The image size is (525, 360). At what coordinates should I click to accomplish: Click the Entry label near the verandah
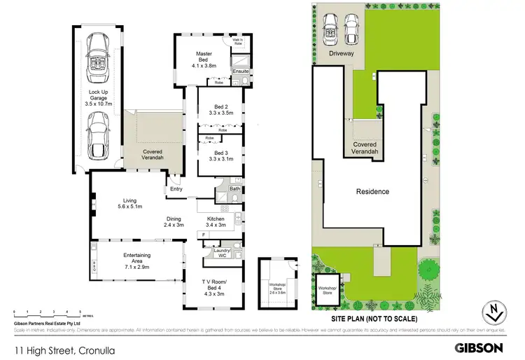pyautogui.click(x=175, y=188)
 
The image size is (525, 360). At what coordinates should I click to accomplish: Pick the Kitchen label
pyautogui.click(x=215, y=219)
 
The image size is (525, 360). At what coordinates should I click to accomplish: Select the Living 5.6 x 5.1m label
pyautogui.click(x=130, y=204)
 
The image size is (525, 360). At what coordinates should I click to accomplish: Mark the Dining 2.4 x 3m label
pyautogui.click(x=173, y=221)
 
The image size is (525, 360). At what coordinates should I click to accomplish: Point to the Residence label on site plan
pyautogui.click(x=372, y=191)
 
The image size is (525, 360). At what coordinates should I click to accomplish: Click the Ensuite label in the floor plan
pyautogui.click(x=241, y=71)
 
